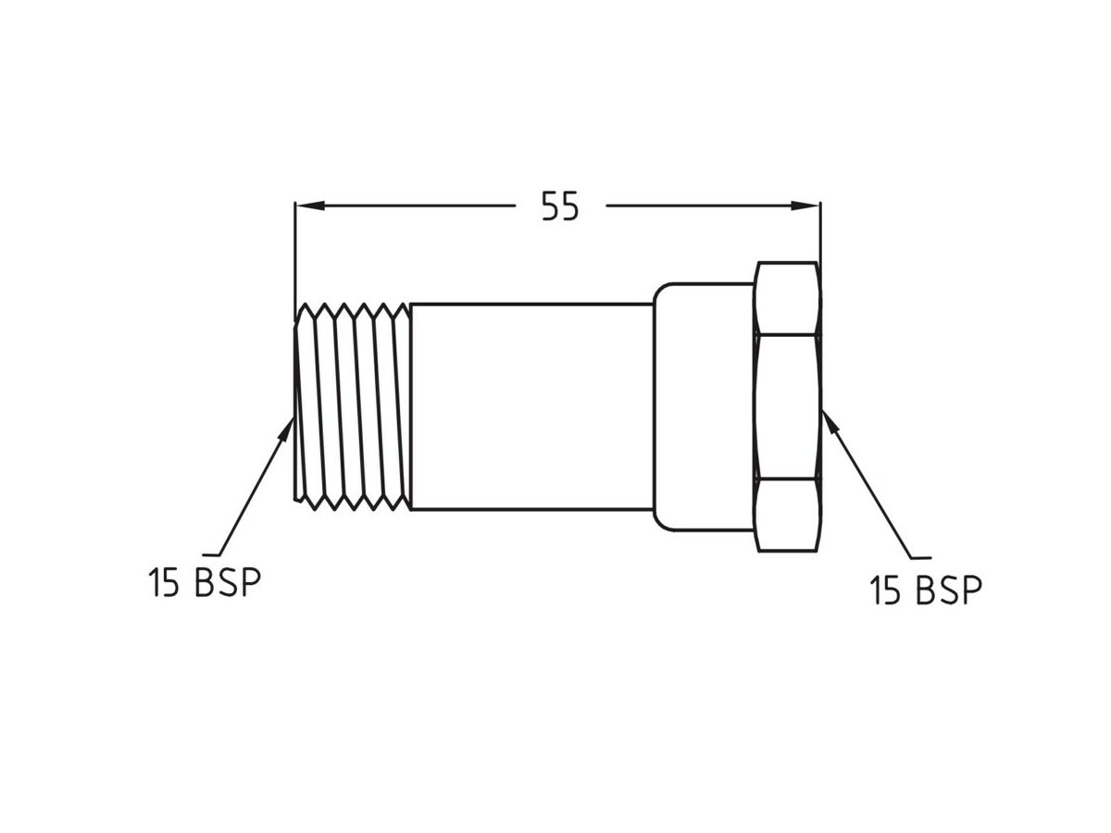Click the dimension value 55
(x=560, y=207)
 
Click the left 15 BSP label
(x=205, y=583)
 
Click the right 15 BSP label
(x=925, y=590)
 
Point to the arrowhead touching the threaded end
(x=286, y=427)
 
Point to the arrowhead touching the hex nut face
(x=830, y=422)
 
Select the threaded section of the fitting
(x=353, y=406)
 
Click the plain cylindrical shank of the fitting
(x=531, y=406)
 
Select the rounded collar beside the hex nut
(x=704, y=406)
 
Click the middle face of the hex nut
(x=787, y=406)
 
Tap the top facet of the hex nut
(x=787, y=297)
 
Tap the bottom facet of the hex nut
(x=787, y=515)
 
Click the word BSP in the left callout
(x=228, y=583)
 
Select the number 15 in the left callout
(x=163, y=583)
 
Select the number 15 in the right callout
(x=884, y=590)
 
